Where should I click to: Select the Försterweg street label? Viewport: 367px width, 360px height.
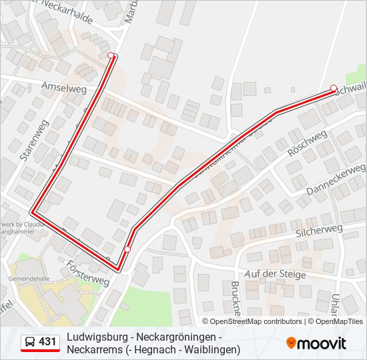(87, 273)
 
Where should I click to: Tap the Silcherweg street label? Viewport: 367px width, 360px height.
(318, 231)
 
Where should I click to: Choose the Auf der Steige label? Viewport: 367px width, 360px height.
(275, 274)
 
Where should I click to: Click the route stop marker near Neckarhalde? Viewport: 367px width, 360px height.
(111, 55)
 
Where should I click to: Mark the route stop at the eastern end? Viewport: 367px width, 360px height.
(334, 87)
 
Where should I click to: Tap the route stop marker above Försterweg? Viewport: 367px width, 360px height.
(127, 249)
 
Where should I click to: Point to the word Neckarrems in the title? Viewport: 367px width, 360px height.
(94, 349)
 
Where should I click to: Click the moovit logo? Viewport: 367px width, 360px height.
(316, 343)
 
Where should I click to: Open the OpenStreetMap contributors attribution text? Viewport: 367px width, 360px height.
(256, 321)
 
